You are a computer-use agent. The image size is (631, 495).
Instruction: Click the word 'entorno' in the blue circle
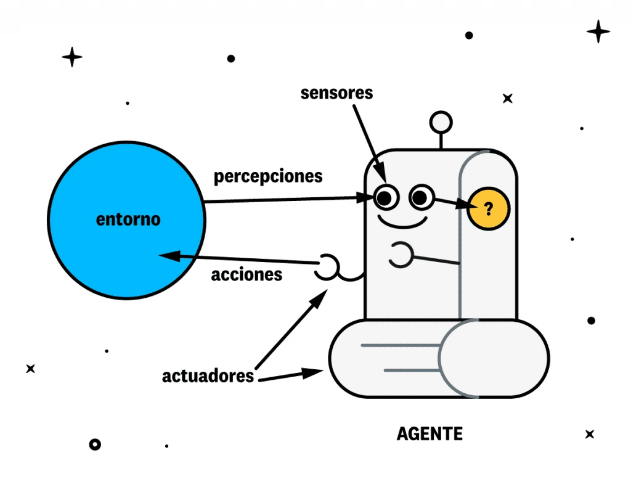[128, 219]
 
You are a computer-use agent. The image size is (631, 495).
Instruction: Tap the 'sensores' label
[336, 93]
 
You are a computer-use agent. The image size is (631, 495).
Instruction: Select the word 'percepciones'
[268, 176]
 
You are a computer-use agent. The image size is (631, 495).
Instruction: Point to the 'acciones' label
[246, 274]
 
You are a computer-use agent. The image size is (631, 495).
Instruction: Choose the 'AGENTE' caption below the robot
[429, 434]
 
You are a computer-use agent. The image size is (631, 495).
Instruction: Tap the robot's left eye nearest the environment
[386, 198]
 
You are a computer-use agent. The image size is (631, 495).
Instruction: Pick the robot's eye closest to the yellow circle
[420, 198]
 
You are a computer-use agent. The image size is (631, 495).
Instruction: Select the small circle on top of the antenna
[441, 122]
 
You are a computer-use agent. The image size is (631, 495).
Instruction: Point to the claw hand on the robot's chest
[401, 255]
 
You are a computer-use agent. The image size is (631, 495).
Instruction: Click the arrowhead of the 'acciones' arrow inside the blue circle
[168, 255]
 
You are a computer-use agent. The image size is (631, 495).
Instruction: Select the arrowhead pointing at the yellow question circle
[463, 205]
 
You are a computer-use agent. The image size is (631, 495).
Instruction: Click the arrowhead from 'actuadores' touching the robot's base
[317, 372]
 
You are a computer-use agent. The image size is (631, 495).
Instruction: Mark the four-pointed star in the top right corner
[598, 31]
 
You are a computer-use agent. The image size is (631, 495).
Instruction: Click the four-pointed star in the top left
[72, 57]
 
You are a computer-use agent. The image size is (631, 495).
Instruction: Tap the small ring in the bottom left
[94, 444]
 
